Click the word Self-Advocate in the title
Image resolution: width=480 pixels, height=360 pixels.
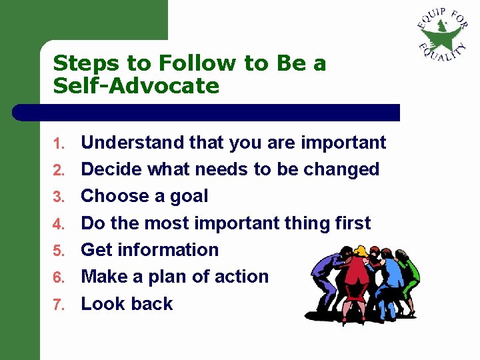(136, 86)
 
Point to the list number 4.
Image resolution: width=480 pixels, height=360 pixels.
(58, 224)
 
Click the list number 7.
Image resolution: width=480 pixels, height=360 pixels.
(58, 305)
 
